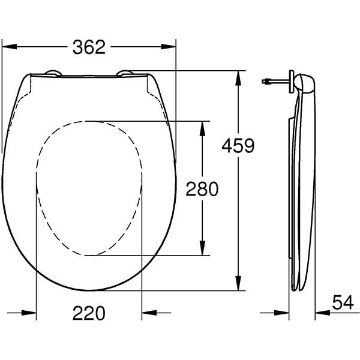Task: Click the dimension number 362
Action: tap(89, 46)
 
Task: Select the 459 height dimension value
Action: tap(238, 145)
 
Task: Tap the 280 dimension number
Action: tap(201, 189)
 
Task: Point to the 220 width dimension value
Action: tap(89, 313)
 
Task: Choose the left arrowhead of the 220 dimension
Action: tap(29, 313)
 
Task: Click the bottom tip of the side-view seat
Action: tap(296, 287)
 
